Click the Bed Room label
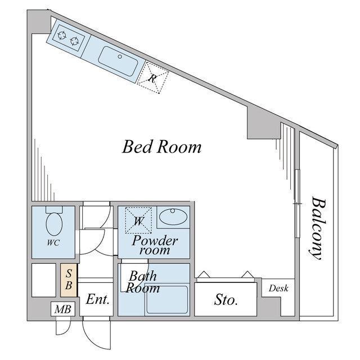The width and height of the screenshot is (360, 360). click(x=161, y=147)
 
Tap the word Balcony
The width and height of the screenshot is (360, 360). click(x=317, y=228)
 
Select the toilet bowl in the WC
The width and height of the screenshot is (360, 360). click(x=54, y=224)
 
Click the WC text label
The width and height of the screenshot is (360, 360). click(x=53, y=242)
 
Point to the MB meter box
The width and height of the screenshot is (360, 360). click(x=63, y=309)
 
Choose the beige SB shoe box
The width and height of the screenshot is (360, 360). click(x=69, y=280)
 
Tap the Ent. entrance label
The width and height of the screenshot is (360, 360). click(x=97, y=299)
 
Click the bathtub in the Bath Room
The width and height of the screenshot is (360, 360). click(x=167, y=299)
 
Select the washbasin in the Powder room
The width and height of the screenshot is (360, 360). click(x=173, y=217)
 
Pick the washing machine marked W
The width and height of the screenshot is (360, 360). click(x=138, y=220)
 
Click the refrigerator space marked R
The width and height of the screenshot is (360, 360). click(x=152, y=78)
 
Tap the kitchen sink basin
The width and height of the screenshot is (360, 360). click(x=118, y=61)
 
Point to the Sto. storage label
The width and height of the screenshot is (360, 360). click(x=226, y=300)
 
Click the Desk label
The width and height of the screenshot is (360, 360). click(x=278, y=288)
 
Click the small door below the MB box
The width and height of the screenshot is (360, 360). click(x=62, y=326)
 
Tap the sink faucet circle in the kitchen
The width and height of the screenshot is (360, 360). click(x=120, y=56)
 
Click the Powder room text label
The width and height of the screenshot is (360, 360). click(x=155, y=245)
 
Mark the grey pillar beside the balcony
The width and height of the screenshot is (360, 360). click(x=264, y=124)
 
